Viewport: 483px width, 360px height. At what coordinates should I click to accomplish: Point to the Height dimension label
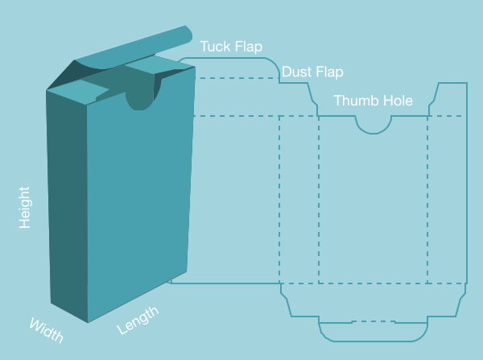coord(25,208)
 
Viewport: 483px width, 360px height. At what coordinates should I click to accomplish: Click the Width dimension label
coord(47,330)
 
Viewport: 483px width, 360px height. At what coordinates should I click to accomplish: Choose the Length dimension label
coord(138,321)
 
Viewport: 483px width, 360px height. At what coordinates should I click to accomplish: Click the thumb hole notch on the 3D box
coord(139,99)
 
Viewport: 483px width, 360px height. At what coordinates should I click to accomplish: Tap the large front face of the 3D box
coord(138,201)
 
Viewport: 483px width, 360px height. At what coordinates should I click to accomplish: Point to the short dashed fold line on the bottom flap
coord(374,321)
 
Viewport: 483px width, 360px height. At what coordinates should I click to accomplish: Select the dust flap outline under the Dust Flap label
coord(298,99)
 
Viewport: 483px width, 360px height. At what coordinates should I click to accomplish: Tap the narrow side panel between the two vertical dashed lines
coord(299,200)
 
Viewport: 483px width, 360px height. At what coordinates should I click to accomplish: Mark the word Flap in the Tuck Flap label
coord(248,47)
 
